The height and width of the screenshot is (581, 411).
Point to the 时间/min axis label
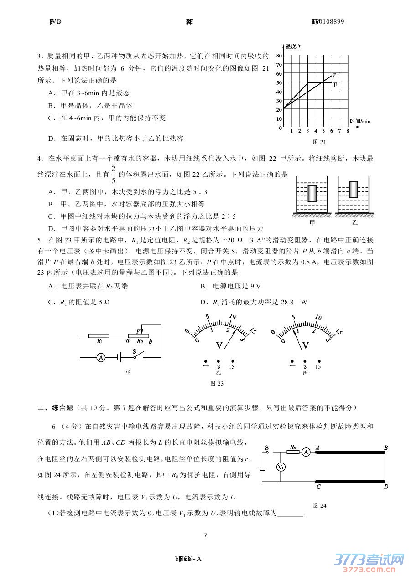360,121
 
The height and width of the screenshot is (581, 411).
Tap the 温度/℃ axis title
293,46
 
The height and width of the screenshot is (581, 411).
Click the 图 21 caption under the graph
319,142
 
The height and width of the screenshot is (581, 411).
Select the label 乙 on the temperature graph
335,75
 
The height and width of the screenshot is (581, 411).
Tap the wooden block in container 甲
312,193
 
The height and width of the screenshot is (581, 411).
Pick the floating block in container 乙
354,189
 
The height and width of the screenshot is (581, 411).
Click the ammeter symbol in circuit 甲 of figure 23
101,358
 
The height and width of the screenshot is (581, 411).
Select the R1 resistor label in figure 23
99,341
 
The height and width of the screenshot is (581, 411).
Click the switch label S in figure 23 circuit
134,351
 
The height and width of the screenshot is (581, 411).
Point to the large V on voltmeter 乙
219,345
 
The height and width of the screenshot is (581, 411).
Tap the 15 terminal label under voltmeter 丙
318,367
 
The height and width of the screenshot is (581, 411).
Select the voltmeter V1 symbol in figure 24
281,468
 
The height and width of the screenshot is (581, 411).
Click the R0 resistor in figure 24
293,451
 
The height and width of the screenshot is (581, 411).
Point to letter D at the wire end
385,487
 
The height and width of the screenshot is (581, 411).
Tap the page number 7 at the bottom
205,535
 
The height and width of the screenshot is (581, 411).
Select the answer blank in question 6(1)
290,514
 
